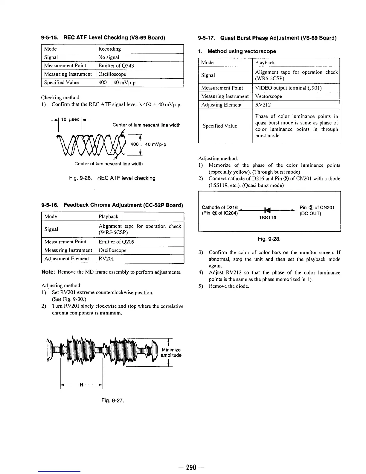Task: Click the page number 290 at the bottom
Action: [191, 467]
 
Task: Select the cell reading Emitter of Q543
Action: [116, 66]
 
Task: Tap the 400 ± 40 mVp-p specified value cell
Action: [117, 83]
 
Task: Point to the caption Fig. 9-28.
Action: [269, 239]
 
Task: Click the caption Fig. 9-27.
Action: [112, 400]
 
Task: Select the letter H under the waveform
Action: [81, 385]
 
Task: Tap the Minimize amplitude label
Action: [171, 353]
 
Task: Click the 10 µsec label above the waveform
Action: [70, 119]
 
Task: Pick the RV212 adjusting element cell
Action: [263, 105]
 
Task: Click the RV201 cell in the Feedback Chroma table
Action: [106, 259]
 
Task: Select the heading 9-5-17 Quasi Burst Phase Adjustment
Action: [267, 38]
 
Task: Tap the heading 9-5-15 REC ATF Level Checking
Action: [103, 38]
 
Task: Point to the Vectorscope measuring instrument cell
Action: [269, 96]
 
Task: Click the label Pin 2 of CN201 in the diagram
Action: [317, 207]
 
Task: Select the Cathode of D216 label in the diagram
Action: [219, 207]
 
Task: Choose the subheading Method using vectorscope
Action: [242, 51]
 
